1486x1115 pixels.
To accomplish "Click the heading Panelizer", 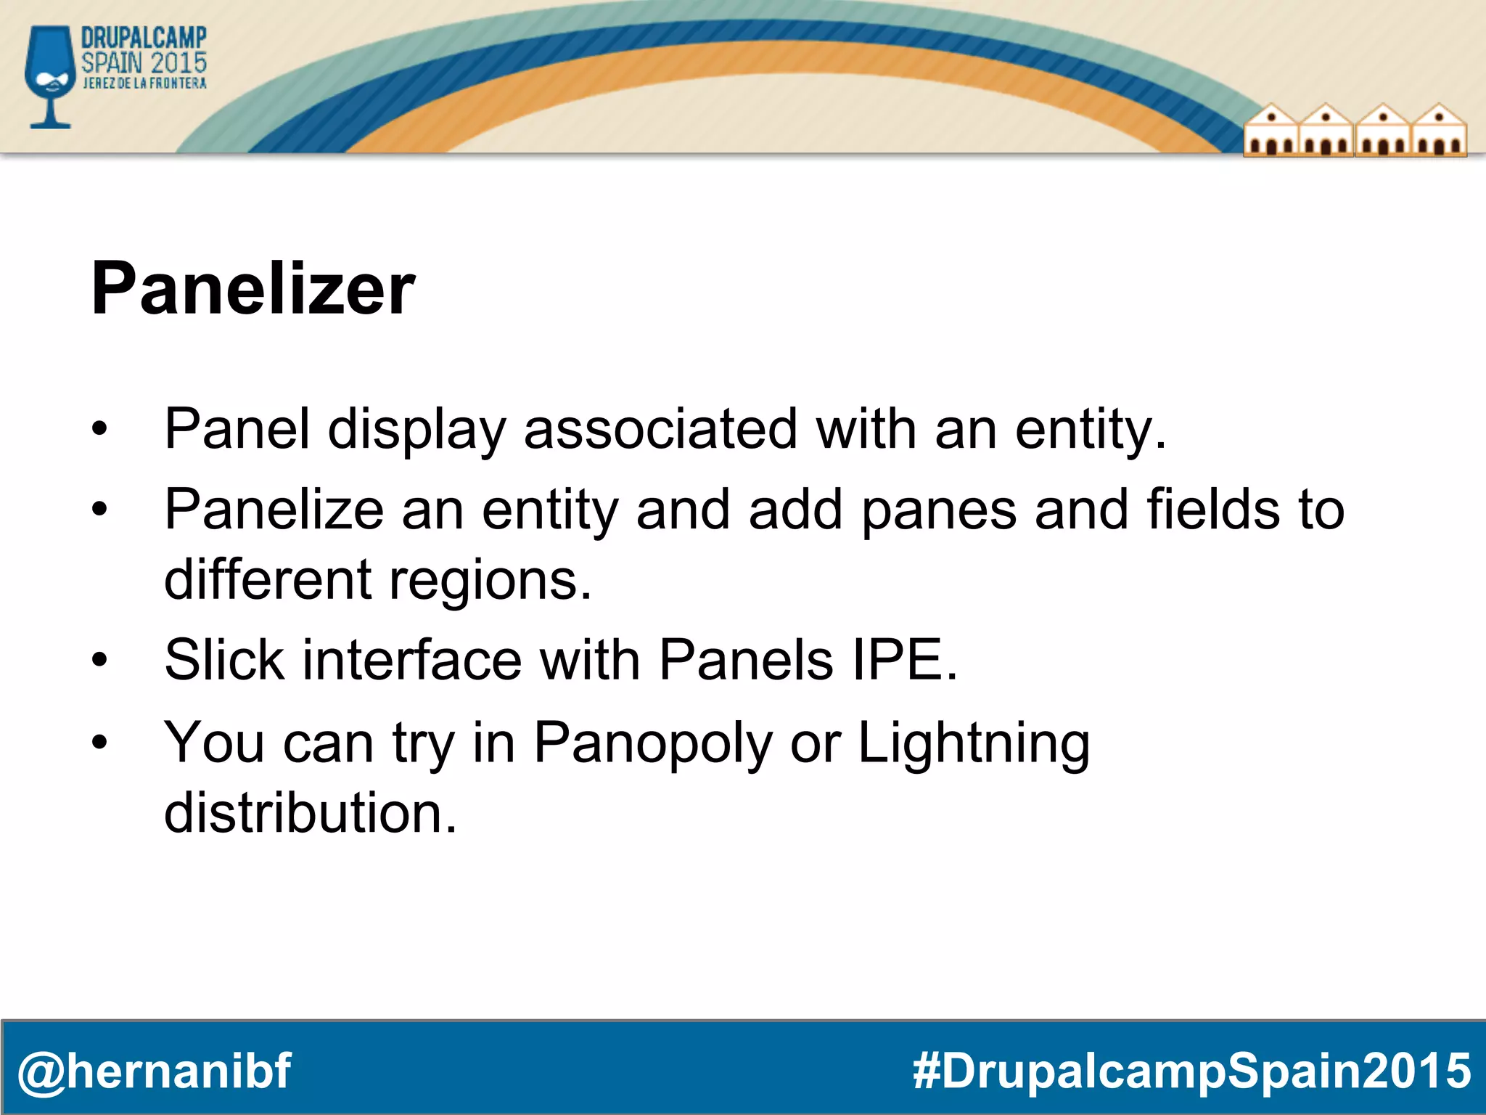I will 253,290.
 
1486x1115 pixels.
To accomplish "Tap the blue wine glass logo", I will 50,76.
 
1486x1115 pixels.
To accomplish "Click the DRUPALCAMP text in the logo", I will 144,37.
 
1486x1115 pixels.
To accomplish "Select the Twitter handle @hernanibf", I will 154,1071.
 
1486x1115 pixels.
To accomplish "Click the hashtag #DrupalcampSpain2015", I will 1191,1071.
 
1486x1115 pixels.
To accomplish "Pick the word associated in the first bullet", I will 660,429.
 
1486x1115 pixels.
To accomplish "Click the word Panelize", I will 274,510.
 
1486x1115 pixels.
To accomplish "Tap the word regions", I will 490,580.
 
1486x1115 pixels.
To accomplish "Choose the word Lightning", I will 974,743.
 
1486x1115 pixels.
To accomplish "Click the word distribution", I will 311,813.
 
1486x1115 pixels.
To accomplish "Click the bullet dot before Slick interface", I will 99,661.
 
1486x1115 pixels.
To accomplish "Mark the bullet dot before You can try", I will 99,743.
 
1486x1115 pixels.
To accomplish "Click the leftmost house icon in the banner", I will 1271,131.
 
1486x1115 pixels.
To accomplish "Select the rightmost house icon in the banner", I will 1439,131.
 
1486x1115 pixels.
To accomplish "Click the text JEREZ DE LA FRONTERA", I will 144,83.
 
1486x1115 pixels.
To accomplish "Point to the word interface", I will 411,660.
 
